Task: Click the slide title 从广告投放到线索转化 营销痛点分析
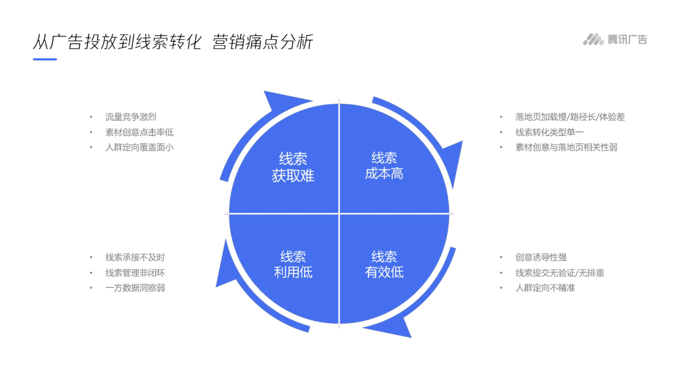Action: (173, 42)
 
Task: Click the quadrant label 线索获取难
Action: (293, 167)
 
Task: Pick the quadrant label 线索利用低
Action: (293, 264)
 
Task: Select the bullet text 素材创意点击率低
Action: (139, 132)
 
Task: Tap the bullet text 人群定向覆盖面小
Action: (139, 147)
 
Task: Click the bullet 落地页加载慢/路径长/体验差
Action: (570, 117)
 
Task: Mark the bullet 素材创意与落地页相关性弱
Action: (566, 147)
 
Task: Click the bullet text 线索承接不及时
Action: (135, 257)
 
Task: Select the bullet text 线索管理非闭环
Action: (135, 273)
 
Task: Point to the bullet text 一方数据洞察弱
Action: (135, 288)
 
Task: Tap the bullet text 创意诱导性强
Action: (541, 257)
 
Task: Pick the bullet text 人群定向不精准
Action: (545, 288)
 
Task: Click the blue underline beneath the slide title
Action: (44, 59)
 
